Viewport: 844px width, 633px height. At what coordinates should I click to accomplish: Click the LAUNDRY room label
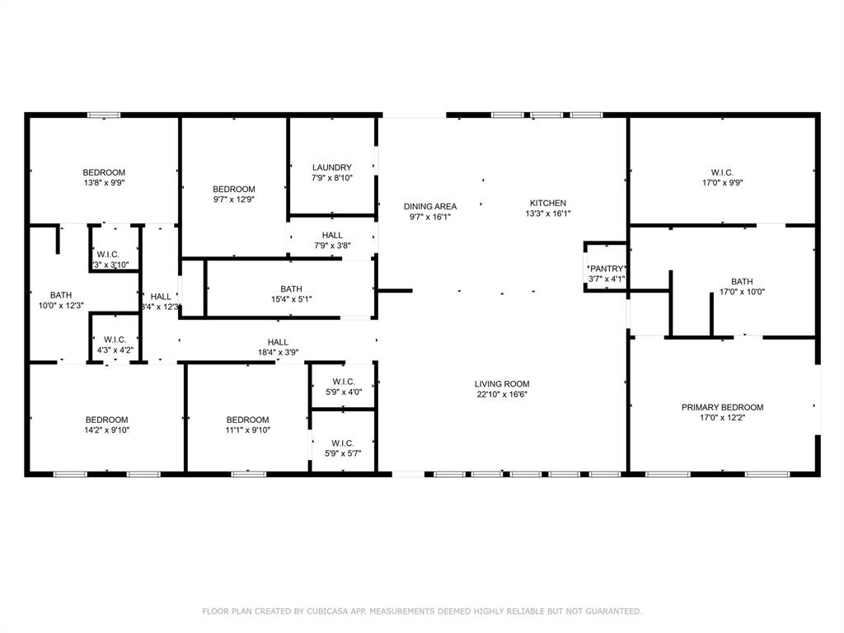(331, 167)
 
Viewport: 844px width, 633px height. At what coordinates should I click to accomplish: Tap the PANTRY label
(607, 269)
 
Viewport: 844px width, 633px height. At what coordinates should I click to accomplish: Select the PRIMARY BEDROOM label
(722, 407)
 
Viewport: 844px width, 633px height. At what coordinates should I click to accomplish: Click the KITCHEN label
(547, 203)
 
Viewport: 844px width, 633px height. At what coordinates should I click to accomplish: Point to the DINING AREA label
(429, 206)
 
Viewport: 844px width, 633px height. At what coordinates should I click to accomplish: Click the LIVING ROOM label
(501, 384)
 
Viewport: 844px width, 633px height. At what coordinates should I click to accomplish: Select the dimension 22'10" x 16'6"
(501, 395)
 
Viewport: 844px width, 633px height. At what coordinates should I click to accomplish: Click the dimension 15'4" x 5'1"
(291, 299)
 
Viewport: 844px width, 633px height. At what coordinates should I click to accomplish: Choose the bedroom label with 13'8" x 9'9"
(104, 172)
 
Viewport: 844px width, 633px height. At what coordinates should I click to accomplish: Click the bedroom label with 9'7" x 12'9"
(234, 189)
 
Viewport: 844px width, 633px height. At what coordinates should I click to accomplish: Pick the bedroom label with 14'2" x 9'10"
(107, 420)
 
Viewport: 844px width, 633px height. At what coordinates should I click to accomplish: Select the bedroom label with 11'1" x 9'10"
(248, 420)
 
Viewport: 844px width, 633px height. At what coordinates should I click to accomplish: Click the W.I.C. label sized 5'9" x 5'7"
(343, 443)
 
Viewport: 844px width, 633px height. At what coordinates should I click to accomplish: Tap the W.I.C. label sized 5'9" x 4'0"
(343, 382)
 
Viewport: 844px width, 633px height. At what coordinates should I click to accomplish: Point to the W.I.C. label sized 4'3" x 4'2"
(115, 340)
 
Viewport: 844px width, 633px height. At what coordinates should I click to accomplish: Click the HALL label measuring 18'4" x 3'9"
(278, 342)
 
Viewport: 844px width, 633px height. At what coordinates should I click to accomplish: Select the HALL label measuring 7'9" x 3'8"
(332, 235)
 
